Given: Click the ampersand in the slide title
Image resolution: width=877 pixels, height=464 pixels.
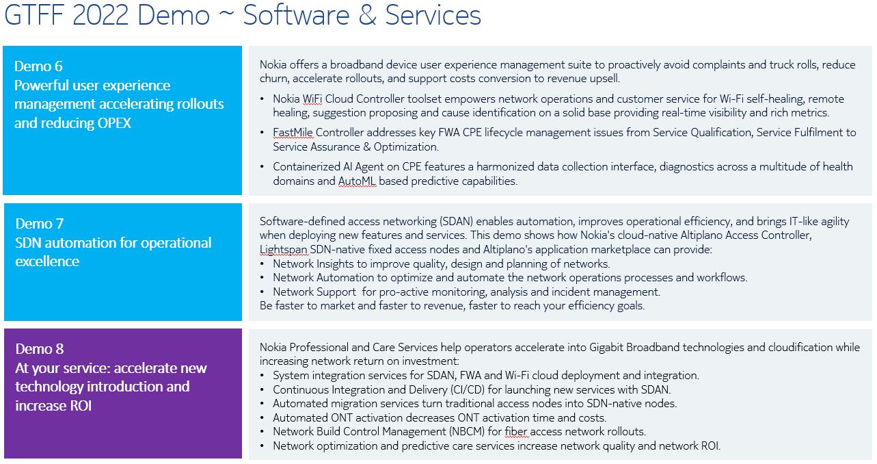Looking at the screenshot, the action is [x=367, y=15].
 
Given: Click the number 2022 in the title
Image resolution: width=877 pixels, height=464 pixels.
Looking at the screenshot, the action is [x=100, y=15].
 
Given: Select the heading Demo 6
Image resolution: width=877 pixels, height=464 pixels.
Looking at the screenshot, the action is [x=38, y=66].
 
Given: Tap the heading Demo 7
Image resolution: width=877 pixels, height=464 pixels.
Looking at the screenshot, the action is [x=39, y=224].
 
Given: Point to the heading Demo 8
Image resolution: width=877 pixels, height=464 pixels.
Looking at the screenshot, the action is [x=39, y=349].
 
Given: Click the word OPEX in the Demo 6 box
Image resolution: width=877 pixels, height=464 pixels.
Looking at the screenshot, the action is [x=114, y=123].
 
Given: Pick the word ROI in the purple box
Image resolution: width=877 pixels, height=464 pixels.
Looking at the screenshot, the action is [x=81, y=406].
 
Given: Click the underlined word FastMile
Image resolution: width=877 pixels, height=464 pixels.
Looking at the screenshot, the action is [x=293, y=133].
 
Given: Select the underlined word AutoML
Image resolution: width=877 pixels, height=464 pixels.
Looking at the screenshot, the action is [x=357, y=181].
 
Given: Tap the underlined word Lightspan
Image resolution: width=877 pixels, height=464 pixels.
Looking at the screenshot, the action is [x=283, y=250].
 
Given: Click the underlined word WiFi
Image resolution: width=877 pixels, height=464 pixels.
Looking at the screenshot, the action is [x=312, y=99].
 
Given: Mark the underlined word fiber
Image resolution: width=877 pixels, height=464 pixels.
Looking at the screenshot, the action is [x=516, y=431].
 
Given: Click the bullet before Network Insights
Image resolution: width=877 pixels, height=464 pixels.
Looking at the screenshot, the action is [x=262, y=264].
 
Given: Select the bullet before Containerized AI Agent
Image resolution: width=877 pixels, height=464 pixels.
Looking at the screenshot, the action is [x=262, y=167].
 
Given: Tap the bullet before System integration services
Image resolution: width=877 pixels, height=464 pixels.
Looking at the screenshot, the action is [x=262, y=376].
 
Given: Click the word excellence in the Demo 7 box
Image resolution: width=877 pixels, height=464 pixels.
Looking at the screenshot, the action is [x=47, y=261].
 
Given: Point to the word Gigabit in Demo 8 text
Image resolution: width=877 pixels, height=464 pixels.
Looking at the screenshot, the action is [x=606, y=347].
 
